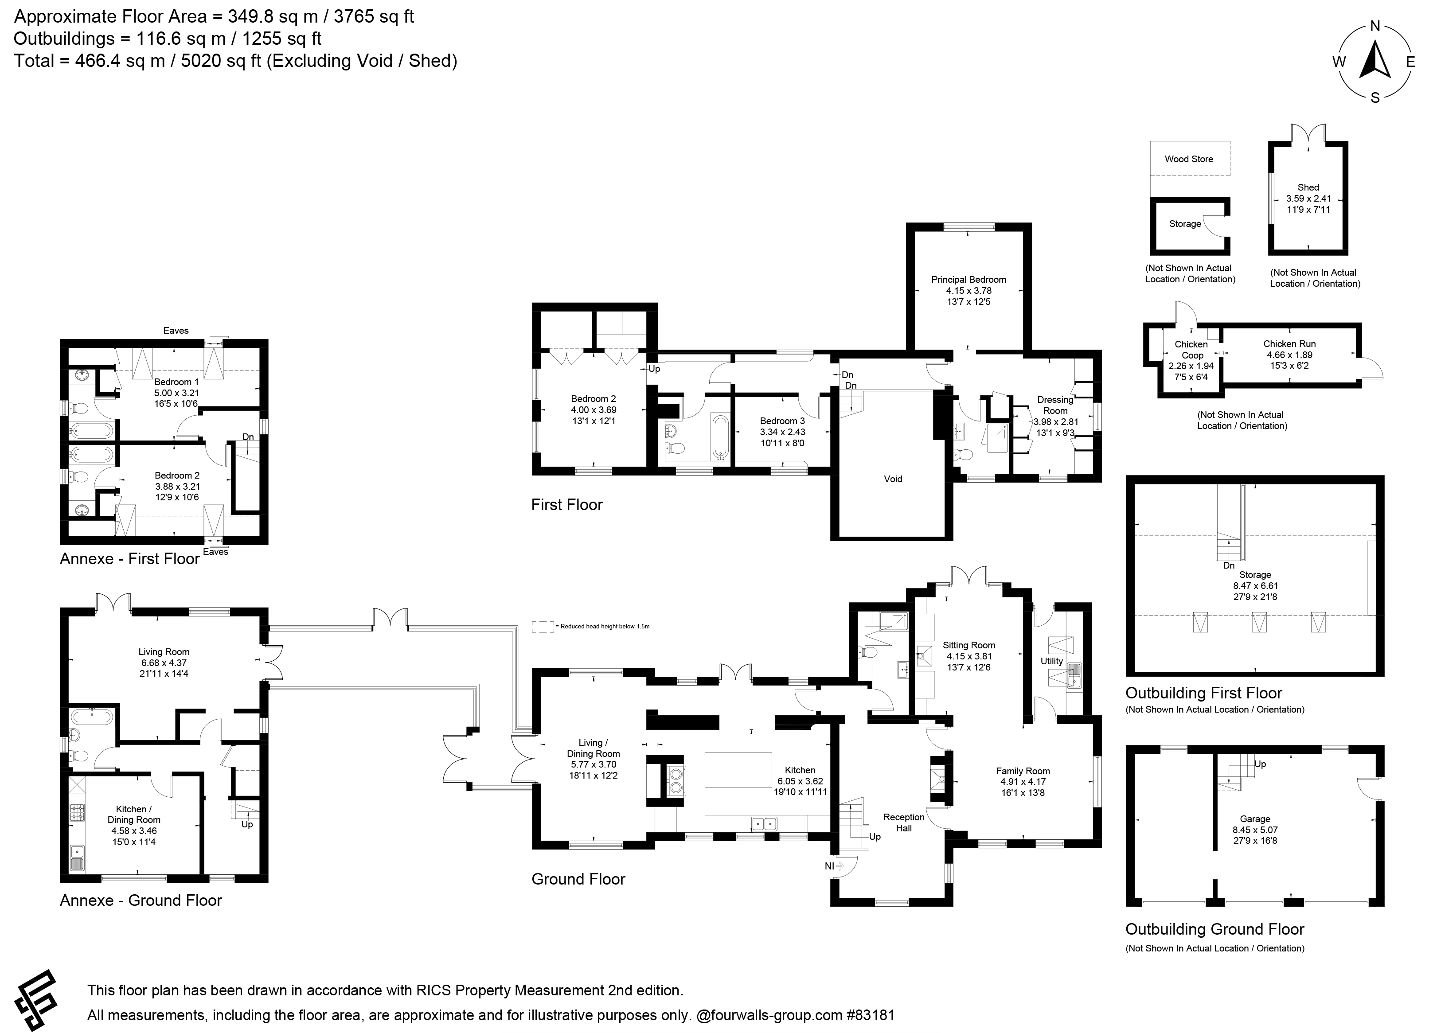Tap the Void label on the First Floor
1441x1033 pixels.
click(x=893, y=479)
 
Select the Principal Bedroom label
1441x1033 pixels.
click(x=968, y=280)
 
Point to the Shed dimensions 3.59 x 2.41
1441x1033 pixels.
click(x=1308, y=198)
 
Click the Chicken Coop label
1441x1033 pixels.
click(x=1192, y=349)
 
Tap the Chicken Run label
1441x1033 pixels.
click(x=1289, y=344)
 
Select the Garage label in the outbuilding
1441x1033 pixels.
click(x=1255, y=819)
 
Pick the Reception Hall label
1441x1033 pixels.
click(x=903, y=822)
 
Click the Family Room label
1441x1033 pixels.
click(x=1023, y=771)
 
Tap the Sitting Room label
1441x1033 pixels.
click(x=969, y=645)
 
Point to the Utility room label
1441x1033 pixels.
click(x=1051, y=661)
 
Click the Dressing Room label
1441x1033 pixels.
click(x=1055, y=405)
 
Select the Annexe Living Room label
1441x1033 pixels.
click(x=164, y=652)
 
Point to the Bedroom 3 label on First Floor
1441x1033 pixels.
click(x=782, y=421)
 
